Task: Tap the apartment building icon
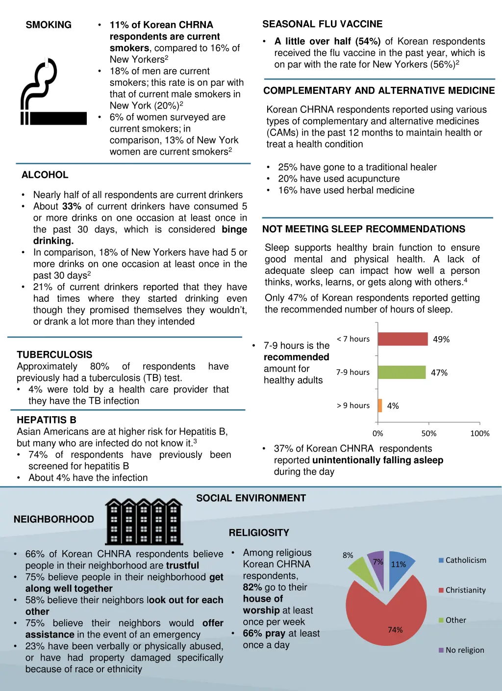144,521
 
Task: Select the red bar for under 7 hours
402,339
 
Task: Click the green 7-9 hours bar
402,372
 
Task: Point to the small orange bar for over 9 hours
380,406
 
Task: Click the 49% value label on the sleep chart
441,340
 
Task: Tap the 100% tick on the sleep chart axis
479,433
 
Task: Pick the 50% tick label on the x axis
428,433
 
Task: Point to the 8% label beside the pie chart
348,555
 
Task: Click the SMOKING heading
49,25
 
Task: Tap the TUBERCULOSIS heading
54,355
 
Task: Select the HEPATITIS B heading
47,420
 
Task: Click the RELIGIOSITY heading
259,533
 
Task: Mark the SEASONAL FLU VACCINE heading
322,24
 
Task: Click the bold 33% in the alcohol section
72,207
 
